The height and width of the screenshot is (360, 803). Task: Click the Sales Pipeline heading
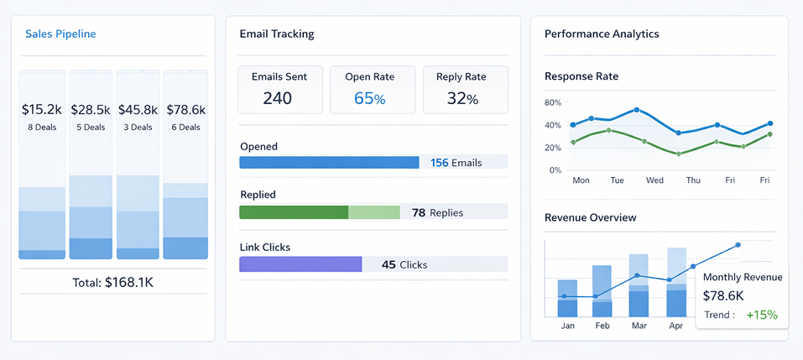[60, 34]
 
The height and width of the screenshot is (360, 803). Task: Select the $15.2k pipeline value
[42, 109]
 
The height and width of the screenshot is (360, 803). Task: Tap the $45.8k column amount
[138, 109]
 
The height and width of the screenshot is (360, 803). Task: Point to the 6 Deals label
[185, 128]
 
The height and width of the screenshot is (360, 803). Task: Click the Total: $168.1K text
[112, 283]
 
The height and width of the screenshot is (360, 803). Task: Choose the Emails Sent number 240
[278, 98]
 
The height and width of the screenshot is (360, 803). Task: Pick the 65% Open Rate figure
[369, 98]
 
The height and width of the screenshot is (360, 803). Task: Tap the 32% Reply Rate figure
[462, 98]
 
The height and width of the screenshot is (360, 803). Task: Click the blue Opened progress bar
[329, 163]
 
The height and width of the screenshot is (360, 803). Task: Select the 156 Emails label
[456, 163]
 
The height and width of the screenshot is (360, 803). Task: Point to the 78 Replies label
[437, 212]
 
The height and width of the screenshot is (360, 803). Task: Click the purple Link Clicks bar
[300, 264]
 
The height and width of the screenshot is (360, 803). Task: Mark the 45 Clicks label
[404, 264]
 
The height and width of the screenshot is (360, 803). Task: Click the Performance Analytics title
[602, 34]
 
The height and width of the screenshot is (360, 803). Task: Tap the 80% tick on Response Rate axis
[553, 103]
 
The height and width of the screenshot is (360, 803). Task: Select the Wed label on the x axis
[654, 180]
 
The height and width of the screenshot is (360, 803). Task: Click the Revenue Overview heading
[591, 218]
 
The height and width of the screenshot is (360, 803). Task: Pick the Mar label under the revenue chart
[639, 326]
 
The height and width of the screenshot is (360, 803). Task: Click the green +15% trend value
[762, 315]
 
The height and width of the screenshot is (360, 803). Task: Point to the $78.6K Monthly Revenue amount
[723, 295]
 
